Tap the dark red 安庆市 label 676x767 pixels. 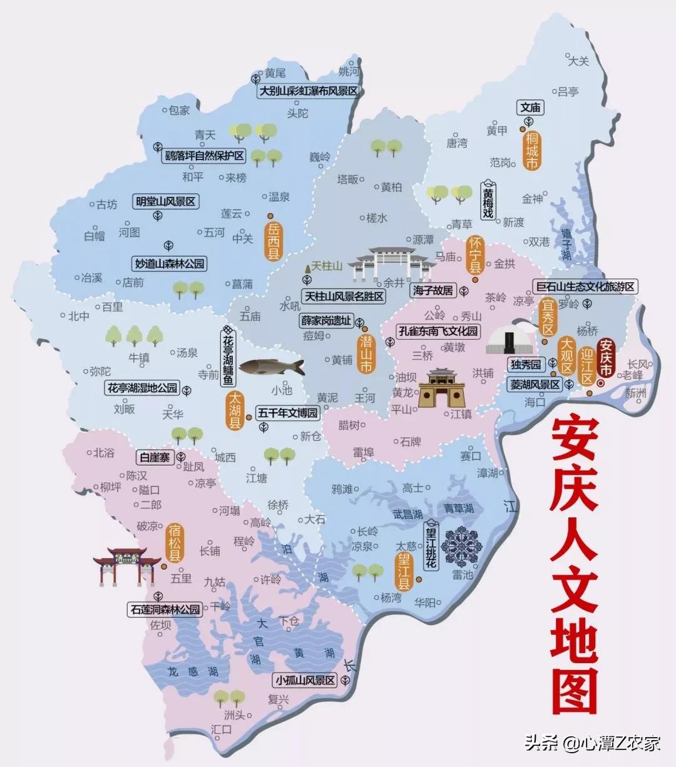606,358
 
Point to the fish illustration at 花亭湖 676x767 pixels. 271,366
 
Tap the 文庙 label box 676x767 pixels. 530,108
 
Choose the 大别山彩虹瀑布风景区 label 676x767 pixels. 309,91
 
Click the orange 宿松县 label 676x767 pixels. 175,542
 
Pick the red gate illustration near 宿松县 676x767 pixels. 127,565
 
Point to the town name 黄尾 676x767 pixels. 275,73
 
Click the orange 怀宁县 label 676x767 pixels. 475,255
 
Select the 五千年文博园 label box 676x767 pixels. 287,414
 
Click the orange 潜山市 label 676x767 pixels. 366,353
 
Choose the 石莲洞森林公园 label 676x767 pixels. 165,609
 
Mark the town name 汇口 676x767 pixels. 222,729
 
